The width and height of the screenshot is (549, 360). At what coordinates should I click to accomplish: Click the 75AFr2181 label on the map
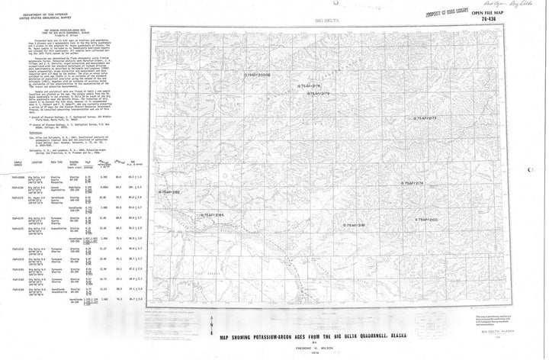point(355,225)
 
